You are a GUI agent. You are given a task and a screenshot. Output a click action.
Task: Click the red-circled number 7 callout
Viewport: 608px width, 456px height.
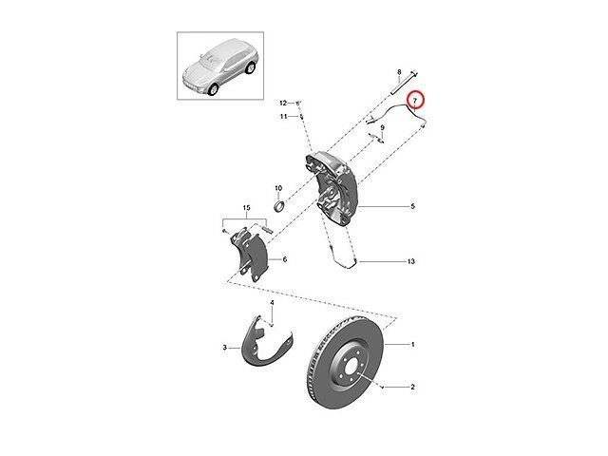[416, 100]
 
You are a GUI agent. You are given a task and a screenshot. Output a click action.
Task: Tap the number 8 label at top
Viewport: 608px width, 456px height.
[399, 72]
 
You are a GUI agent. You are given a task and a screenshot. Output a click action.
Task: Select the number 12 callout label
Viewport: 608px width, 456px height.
[283, 102]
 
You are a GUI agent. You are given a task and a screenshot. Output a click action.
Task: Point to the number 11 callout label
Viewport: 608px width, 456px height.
[283, 116]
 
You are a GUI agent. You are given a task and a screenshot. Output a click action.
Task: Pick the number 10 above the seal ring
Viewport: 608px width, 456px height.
[278, 188]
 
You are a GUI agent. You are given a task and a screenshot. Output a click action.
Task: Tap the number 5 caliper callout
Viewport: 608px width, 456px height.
[413, 206]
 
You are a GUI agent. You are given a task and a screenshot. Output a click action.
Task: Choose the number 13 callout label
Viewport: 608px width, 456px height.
[412, 260]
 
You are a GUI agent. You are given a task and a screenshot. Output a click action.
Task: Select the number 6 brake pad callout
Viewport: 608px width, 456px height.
[284, 259]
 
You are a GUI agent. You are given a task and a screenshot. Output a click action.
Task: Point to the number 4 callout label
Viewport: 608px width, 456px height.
[271, 303]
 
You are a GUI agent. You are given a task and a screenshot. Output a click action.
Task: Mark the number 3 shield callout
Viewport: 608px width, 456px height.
[224, 349]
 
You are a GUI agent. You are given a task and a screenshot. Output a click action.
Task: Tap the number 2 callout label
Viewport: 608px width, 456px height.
[413, 387]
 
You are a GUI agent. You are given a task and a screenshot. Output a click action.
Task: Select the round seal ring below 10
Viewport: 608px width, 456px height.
[280, 206]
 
